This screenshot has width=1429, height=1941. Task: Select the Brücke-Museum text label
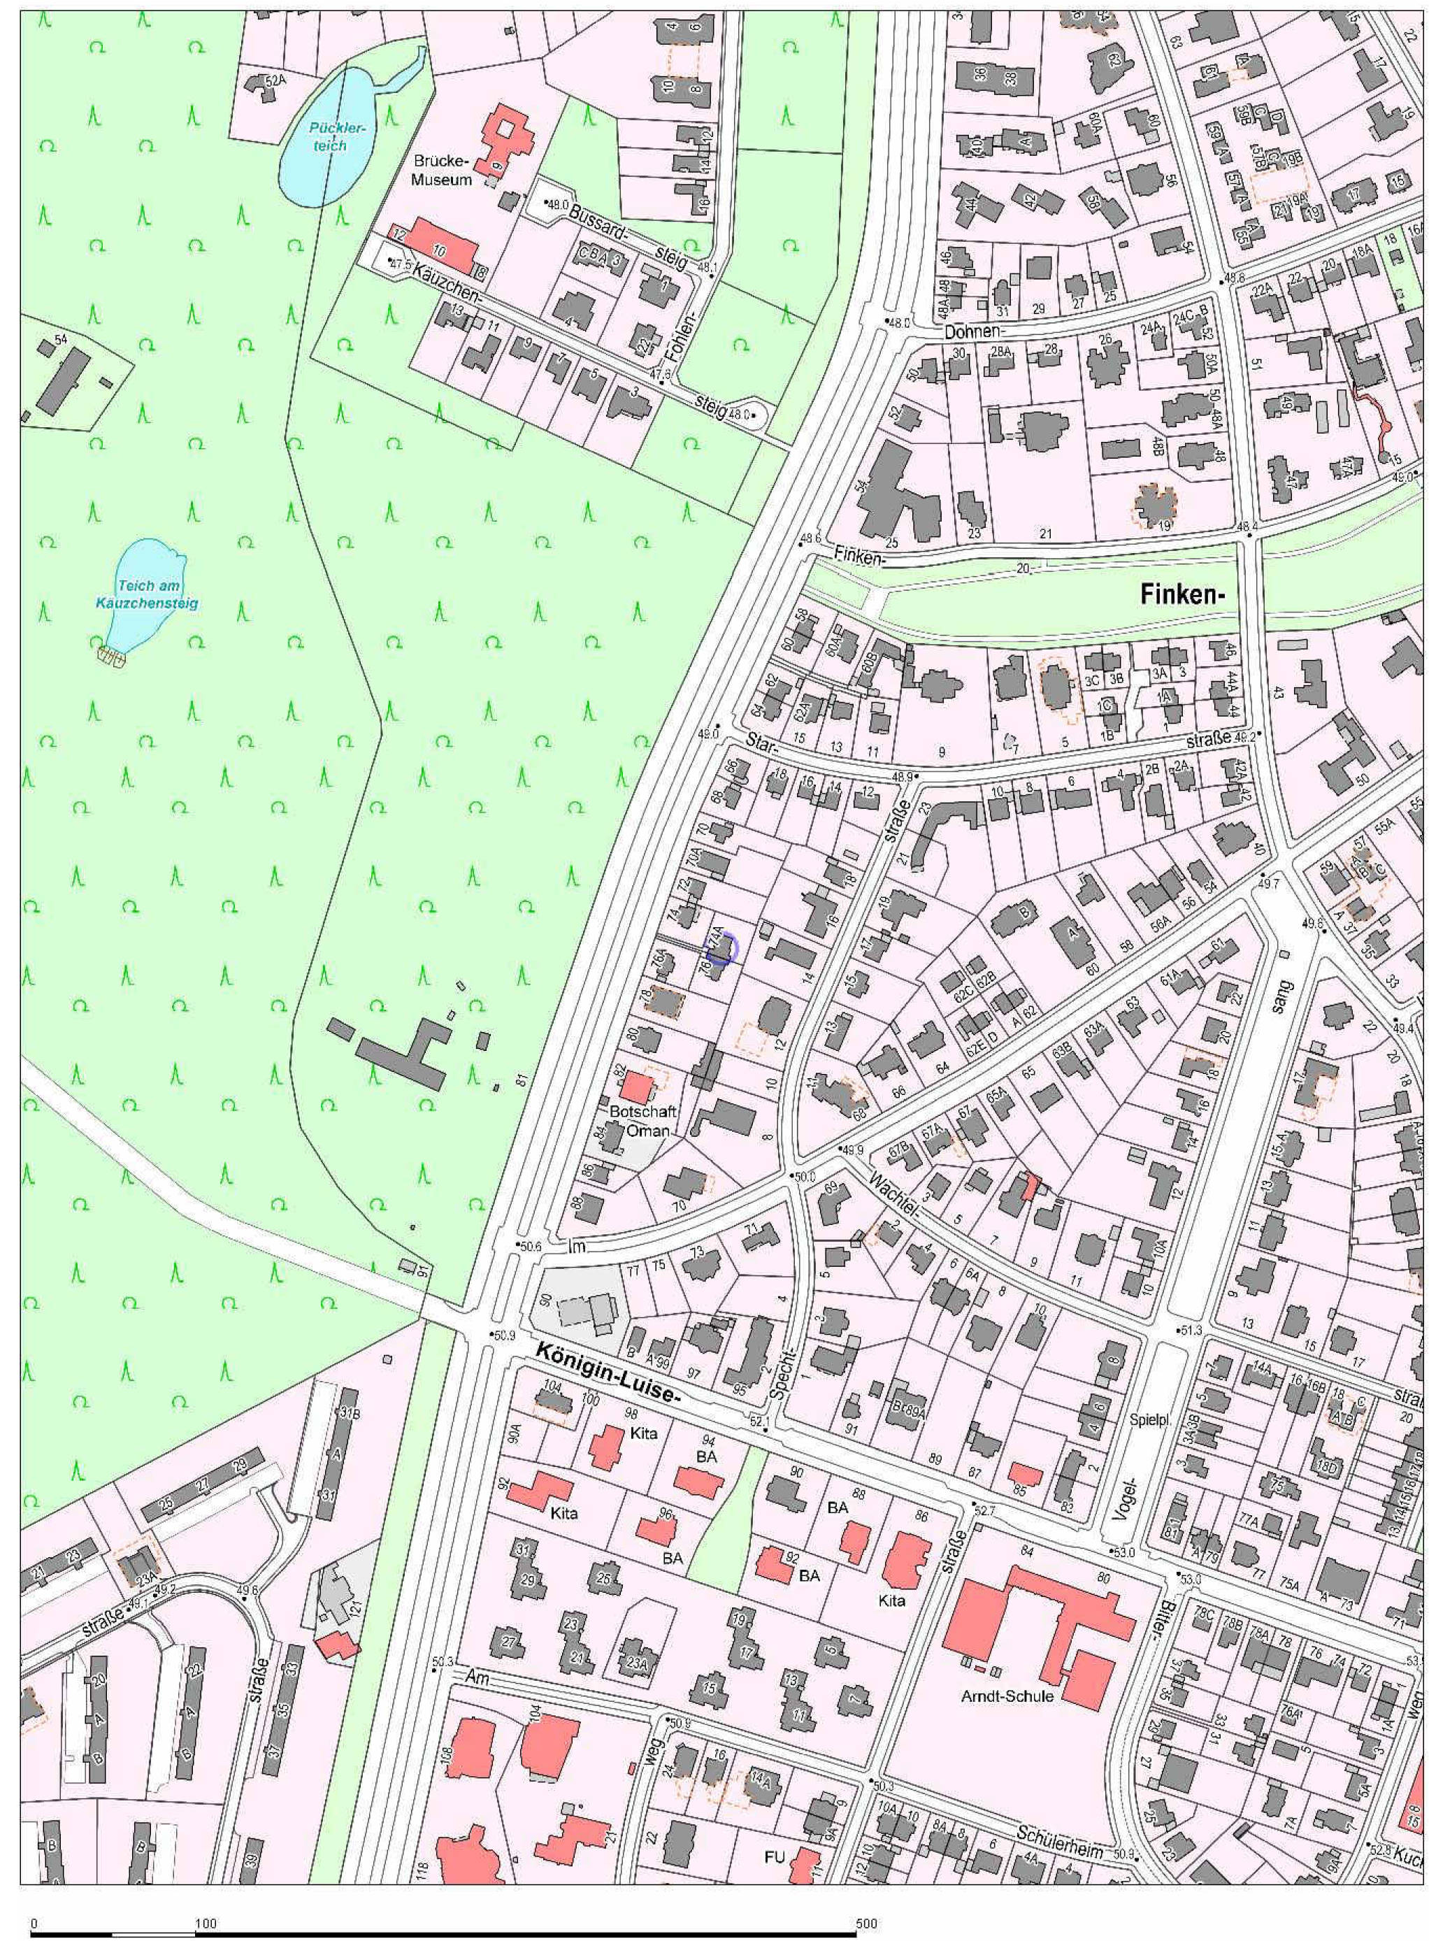[x=441, y=171]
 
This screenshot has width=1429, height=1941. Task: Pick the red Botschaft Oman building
[x=637, y=1087]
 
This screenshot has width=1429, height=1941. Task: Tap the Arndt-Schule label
[x=1007, y=1696]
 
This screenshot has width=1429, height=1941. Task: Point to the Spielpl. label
[x=1149, y=1420]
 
